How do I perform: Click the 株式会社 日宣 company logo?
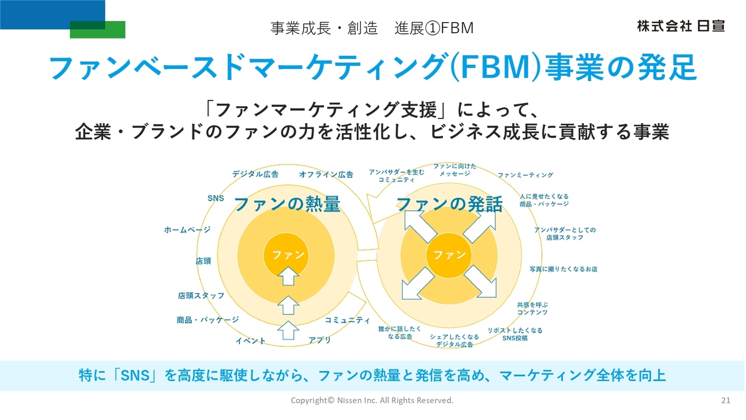[680, 26]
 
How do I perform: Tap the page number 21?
[726, 400]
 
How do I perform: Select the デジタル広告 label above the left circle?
[255, 174]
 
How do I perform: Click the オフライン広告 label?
[326, 174]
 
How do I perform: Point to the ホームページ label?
[187, 230]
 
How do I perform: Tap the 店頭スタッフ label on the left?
[201, 296]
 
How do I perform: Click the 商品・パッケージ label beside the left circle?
[207, 320]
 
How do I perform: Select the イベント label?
[251, 341]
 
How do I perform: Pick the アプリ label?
[320, 339]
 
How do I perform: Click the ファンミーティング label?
[525, 175]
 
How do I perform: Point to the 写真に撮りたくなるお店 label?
[563, 269]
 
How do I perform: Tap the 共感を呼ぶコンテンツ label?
[532, 309]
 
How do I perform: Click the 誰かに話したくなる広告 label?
[400, 333]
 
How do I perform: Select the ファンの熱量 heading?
[287, 205]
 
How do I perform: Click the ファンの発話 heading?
[449, 205]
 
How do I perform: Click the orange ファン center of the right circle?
[449, 255]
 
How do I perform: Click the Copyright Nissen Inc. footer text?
[372, 400]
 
